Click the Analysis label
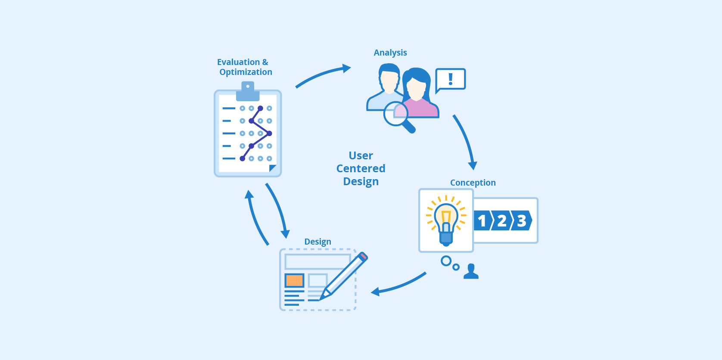point(390,53)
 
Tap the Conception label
point(473,183)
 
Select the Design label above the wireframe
point(317,242)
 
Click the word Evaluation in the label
point(238,62)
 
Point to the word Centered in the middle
point(361,168)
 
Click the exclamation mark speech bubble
point(450,79)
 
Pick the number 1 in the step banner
point(482,221)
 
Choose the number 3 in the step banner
point(521,221)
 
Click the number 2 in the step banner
point(501,221)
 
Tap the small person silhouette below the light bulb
point(471,272)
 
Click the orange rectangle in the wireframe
point(294,280)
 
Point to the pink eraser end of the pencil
point(363,256)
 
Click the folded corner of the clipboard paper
point(272,168)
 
